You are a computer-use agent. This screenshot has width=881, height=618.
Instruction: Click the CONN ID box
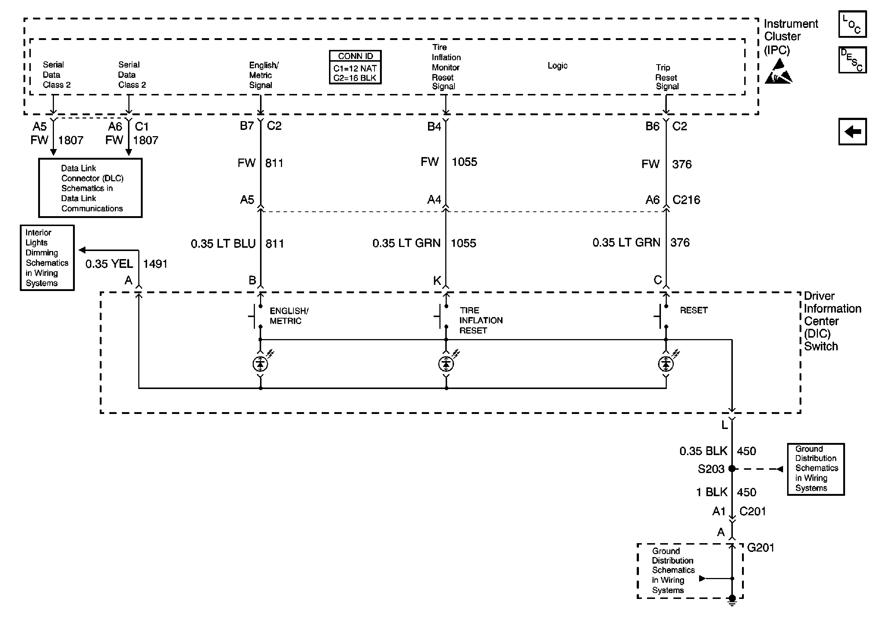tap(355, 67)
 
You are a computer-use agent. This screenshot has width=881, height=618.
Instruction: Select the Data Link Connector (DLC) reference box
tap(90, 188)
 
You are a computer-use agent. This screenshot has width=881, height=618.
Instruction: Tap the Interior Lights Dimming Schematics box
tap(47, 258)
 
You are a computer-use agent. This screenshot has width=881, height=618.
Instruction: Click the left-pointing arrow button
tap(852, 132)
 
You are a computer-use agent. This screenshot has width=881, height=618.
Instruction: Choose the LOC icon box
tap(852, 25)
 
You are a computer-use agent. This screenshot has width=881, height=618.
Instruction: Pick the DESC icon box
tap(852, 60)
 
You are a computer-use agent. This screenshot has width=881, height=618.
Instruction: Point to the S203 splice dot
tap(732, 469)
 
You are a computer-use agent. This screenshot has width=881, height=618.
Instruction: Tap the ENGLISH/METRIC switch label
tap(289, 316)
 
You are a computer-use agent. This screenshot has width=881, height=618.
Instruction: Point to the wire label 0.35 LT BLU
tap(223, 244)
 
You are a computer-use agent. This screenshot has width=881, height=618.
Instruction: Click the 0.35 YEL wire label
tap(109, 264)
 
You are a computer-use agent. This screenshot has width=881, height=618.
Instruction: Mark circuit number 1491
tap(155, 264)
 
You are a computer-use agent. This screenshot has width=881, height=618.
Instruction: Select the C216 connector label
tap(686, 200)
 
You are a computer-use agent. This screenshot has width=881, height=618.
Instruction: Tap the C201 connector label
tap(752, 511)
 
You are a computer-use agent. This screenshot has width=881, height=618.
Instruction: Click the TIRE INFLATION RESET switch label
tap(481, 320)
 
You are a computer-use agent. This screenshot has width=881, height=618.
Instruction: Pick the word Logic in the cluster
tap(557, 66)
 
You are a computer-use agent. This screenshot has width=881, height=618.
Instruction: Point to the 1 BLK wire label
tap(712, 492)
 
